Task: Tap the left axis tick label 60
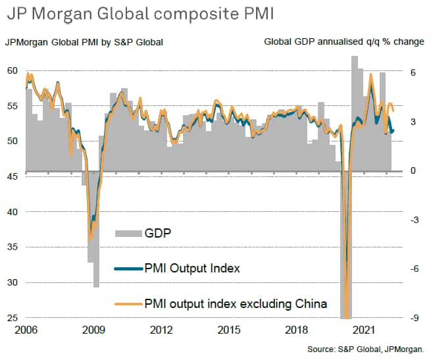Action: coord(11,70)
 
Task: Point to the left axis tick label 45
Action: coord(11,176)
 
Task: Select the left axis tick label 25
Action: coord(11,319)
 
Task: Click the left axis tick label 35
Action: coord(11,247)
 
